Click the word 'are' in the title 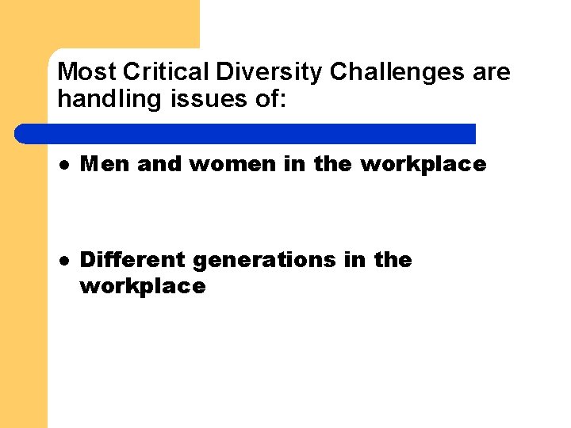pos(492,73)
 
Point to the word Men pos(105,165)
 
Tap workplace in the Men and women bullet pos(423,165)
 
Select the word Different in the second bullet pos(133,260)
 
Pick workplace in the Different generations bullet pos(143,286)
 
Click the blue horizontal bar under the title pos(246,133)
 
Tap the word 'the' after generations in pos(393,260)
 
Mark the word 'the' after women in pos(333,165)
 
